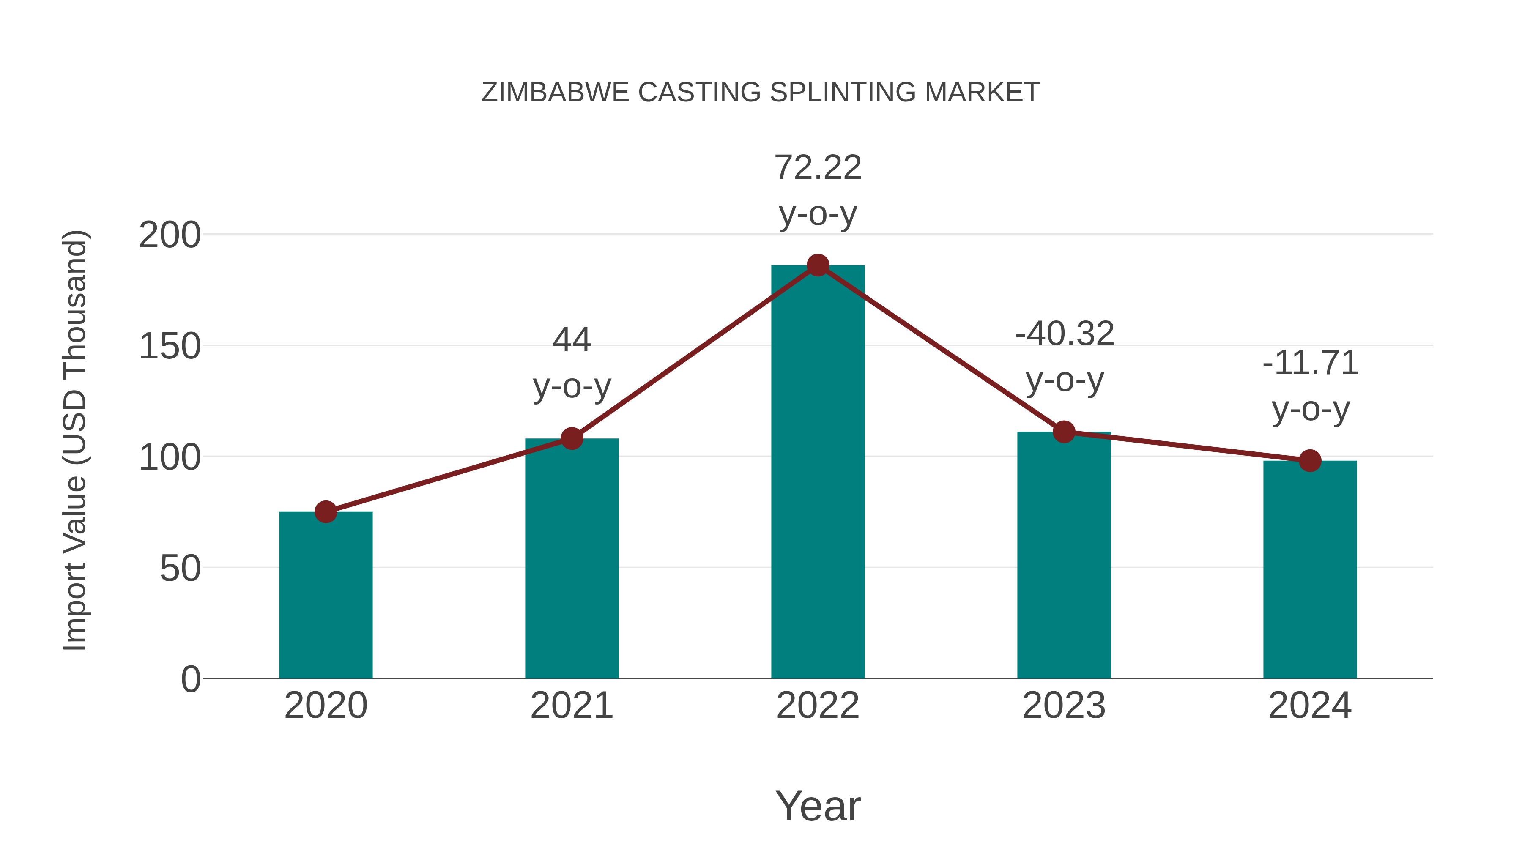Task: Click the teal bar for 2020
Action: [326, 596]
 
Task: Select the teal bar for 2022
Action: [818, 473]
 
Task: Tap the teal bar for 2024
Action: [1310, 570]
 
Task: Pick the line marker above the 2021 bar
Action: [571, 438]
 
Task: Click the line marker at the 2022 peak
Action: [818, 265]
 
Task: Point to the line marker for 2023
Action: [1064, 432]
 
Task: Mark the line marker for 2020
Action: [326, 511]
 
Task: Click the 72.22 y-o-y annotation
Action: [818, 190]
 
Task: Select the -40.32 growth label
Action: [1064, 356]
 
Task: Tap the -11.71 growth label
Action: [1311, 386]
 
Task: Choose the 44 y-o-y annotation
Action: [571, 363]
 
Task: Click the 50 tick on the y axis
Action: [180, 569]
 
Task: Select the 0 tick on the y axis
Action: [190, 679]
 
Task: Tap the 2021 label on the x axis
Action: [571, 706]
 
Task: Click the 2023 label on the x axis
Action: [1064, 706]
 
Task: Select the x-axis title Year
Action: [818, 806]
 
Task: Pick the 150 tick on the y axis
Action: [170, 346]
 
